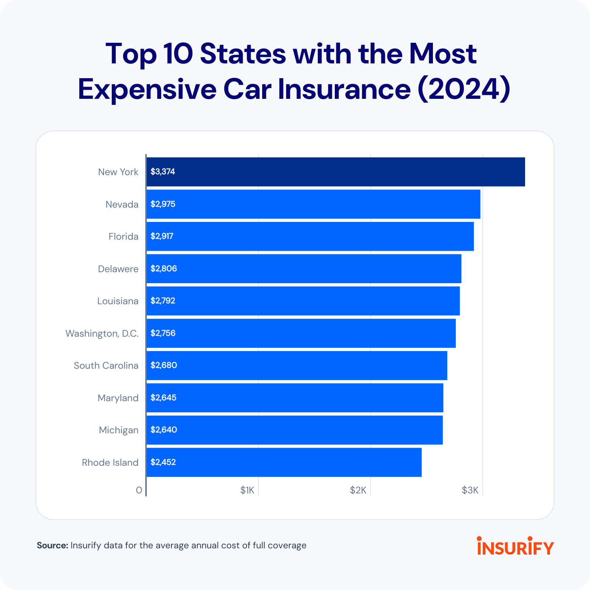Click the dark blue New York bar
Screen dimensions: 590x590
point(336,172)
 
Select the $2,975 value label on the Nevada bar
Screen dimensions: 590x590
point(163,204)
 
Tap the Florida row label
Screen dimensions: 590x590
point(123,236)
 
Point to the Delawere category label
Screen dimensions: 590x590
point(118,269)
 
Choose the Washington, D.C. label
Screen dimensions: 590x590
point(102,333)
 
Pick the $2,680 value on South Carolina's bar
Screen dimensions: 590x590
point(163,365)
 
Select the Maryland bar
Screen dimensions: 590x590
point(295,398)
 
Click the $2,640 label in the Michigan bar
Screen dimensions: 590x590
point(163,430)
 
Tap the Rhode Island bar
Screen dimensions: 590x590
point(284,462)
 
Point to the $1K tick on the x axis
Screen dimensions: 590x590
point(247,490)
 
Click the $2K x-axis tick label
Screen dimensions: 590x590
point(358,490)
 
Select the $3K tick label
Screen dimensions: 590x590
point(470,490)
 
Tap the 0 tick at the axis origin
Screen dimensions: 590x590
point(139,490)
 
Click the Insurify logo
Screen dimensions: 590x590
point(515,546)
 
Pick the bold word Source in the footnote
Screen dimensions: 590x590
point(52,545)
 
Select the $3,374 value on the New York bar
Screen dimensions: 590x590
point(163,172)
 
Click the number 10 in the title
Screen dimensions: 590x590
point(178,54)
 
